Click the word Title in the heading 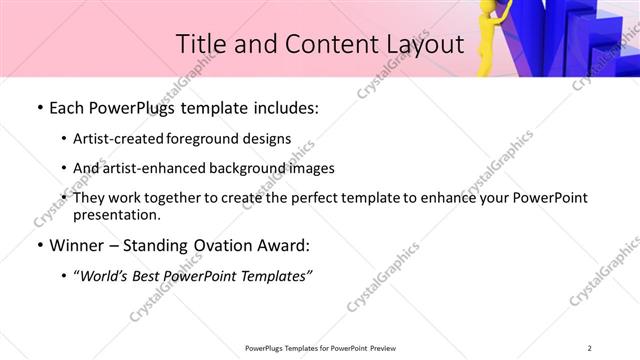point(201,44)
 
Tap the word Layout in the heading point(420,44)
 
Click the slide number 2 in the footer point(590,348)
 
